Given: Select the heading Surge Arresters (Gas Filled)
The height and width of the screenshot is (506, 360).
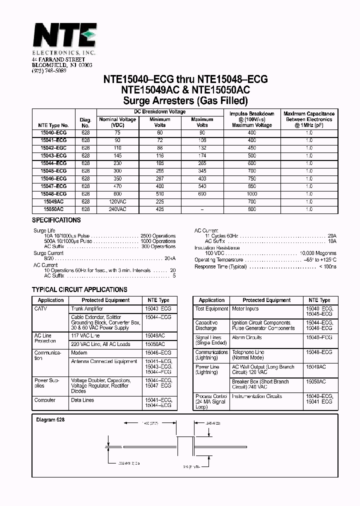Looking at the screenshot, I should coord(185,100).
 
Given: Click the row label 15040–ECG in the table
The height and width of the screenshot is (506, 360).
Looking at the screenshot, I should coord(53,133).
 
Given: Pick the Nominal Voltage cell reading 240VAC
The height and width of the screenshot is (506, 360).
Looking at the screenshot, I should coord(117,209).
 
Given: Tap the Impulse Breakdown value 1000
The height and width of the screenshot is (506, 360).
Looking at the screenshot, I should coord(251,194).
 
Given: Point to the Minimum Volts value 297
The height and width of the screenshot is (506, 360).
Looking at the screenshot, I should coord(159,178).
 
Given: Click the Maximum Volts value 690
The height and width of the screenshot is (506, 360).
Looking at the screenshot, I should coord(202,194).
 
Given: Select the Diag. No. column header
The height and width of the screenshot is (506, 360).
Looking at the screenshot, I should coord(85,122).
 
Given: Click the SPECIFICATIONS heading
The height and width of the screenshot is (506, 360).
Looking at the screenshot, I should coord(56,220).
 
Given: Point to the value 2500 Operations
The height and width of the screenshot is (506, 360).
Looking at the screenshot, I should coord(158,235).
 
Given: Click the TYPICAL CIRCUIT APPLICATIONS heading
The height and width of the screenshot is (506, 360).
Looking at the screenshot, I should coord(79,289).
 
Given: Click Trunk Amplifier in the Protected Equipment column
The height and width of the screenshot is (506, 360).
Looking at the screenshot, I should coord(87,309).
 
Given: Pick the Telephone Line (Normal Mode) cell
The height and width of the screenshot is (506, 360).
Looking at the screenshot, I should coord(248,355).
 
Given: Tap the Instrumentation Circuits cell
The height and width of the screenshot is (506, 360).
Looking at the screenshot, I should coord(257,396).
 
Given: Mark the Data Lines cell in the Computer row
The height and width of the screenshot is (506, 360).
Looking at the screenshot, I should coord(82,400).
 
